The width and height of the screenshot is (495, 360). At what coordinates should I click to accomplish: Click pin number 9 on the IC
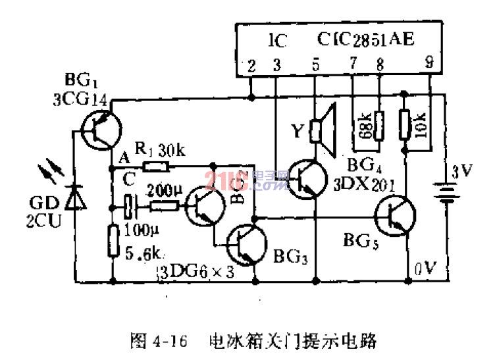point(429,64)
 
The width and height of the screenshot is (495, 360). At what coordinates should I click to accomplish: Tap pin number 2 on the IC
point(251,64)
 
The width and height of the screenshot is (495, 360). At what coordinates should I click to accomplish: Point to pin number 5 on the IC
point(315,64)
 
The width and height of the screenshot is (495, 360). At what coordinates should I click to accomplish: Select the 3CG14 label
point(80,101)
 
